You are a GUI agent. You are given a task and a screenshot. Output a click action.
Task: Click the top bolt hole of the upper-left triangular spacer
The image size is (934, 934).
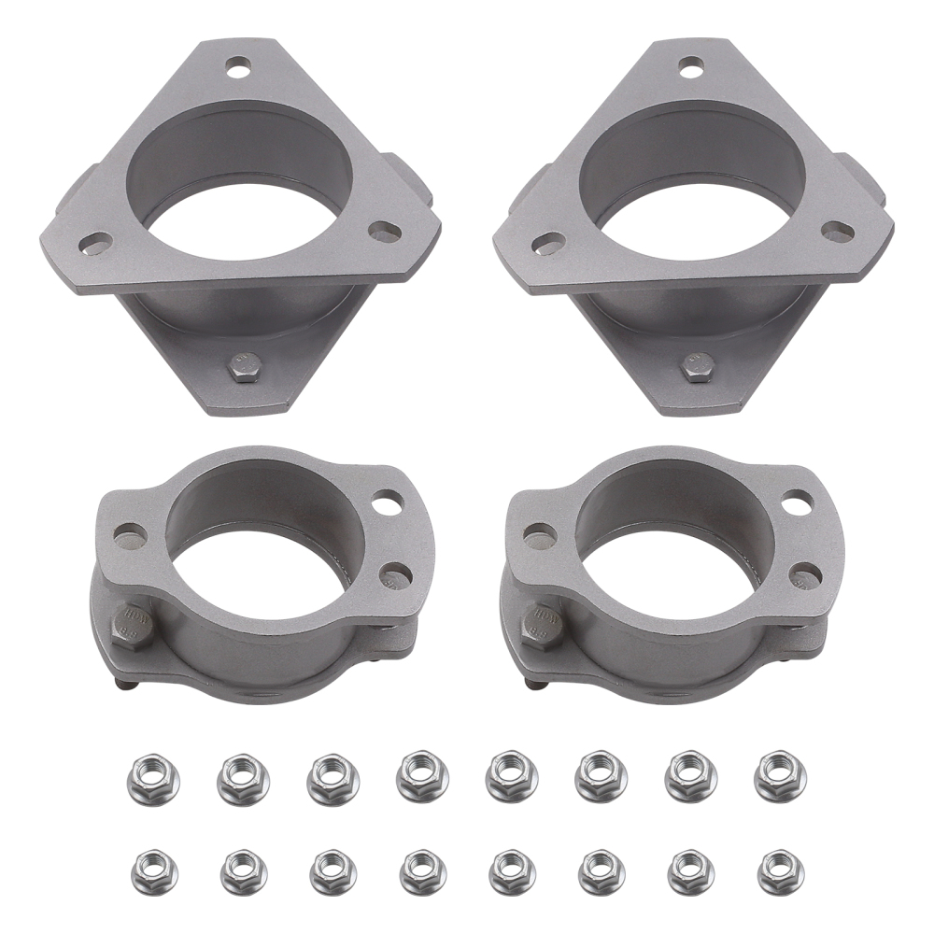point(240,67)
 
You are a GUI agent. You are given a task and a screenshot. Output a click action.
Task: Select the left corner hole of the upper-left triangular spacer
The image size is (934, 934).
point(95,244)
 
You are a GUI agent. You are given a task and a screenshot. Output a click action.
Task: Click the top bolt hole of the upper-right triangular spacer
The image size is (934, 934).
point(691,67)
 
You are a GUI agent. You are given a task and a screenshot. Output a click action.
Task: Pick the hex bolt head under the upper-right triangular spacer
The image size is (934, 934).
point(696,366)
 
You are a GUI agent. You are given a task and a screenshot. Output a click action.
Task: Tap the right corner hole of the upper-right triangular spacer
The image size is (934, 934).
point(836,231)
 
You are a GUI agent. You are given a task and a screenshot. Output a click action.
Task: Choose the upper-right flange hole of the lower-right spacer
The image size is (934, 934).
point(796,502)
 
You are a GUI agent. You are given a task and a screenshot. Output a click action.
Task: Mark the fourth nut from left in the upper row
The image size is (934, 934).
point(422,774)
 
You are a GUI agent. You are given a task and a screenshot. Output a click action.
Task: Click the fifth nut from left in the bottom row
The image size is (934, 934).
point(512,870)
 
